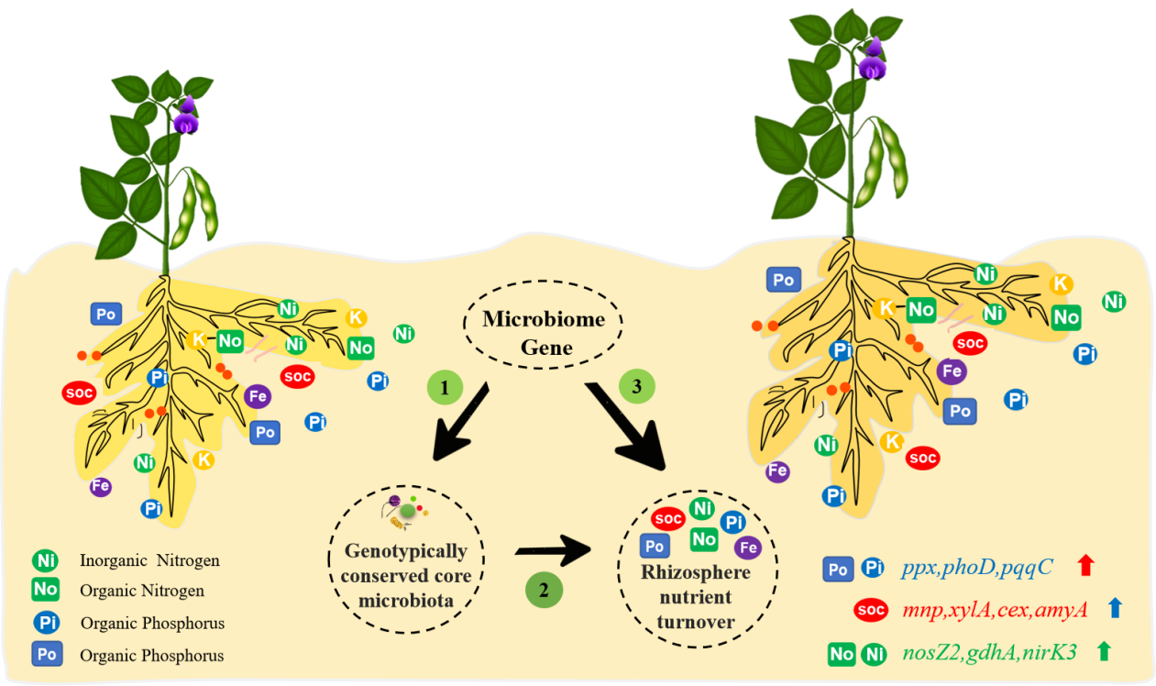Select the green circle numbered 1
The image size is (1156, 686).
445,388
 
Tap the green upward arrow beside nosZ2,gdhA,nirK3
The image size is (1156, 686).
1104,651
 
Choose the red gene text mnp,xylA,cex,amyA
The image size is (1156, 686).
1005,608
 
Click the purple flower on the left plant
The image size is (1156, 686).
187,117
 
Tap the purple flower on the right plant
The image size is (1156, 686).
872,61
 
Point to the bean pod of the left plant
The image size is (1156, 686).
198,211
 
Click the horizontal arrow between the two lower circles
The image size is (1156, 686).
554,552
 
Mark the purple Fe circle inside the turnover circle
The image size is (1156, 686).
749,547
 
